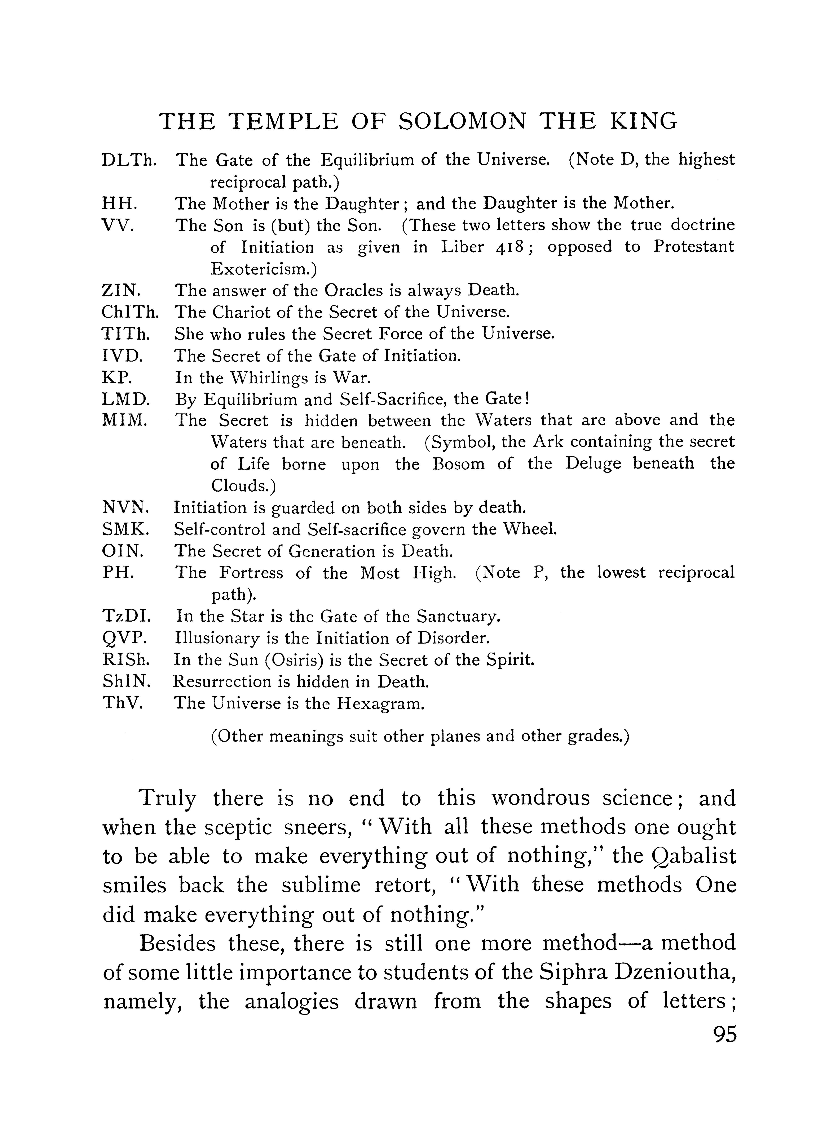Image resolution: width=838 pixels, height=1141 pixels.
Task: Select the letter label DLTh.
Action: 129,160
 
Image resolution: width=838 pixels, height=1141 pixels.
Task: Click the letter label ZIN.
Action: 122,291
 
